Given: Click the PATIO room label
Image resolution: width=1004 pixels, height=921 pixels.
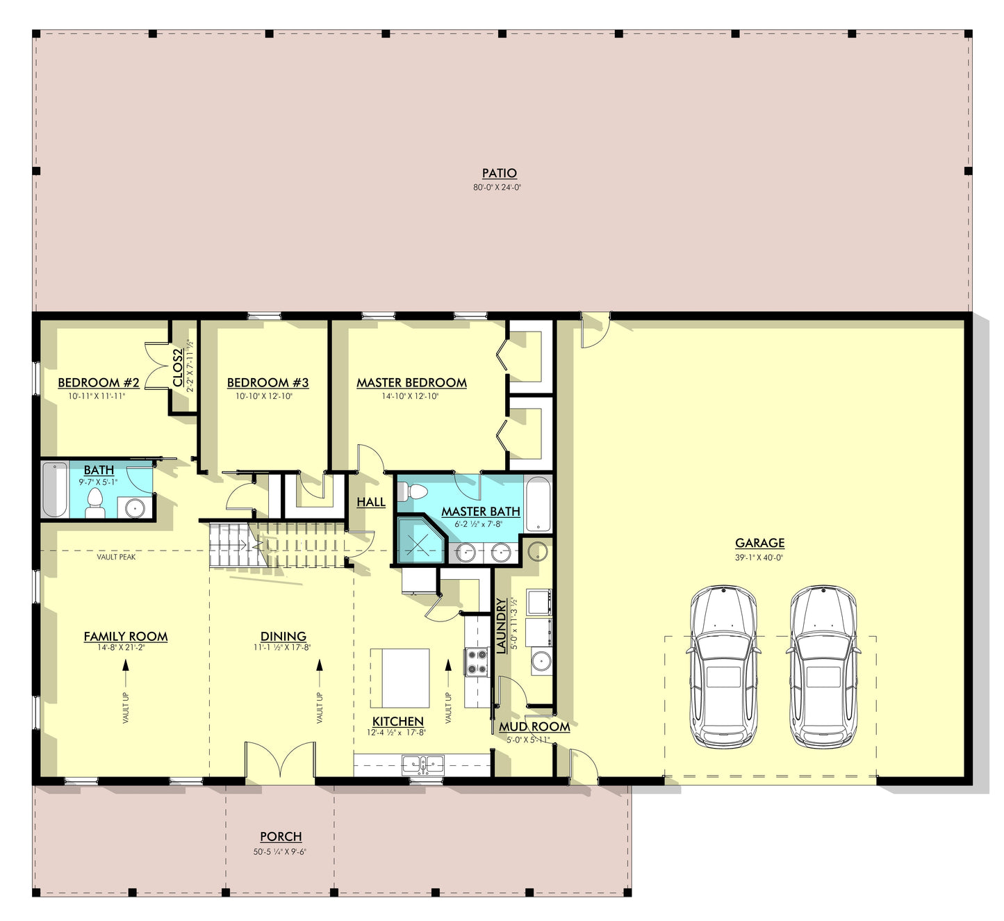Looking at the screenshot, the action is point(499,173).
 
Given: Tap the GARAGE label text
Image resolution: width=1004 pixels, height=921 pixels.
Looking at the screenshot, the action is point(759,543).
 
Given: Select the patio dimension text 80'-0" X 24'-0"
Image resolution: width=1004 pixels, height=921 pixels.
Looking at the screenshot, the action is point(497,188).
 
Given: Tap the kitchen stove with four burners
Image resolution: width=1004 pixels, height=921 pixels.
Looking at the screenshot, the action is point(477,662).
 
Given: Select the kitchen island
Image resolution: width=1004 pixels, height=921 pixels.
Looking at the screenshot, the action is point(400,678).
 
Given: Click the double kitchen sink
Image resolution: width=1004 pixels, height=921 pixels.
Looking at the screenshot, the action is point(422,764).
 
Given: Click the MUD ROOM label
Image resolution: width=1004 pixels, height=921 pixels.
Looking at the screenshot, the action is point(534,726).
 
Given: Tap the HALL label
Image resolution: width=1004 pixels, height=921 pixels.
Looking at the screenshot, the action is point(371,503).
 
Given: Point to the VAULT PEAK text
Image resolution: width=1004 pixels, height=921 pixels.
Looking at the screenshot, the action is point(116,557).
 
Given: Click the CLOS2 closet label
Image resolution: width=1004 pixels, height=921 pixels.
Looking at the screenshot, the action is point(178,368).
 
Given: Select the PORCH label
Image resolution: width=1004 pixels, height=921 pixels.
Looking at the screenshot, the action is point(281,837).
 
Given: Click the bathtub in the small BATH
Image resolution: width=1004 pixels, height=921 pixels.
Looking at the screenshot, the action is point(55,490).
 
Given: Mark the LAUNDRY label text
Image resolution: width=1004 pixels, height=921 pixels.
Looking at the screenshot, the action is point(500,626).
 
